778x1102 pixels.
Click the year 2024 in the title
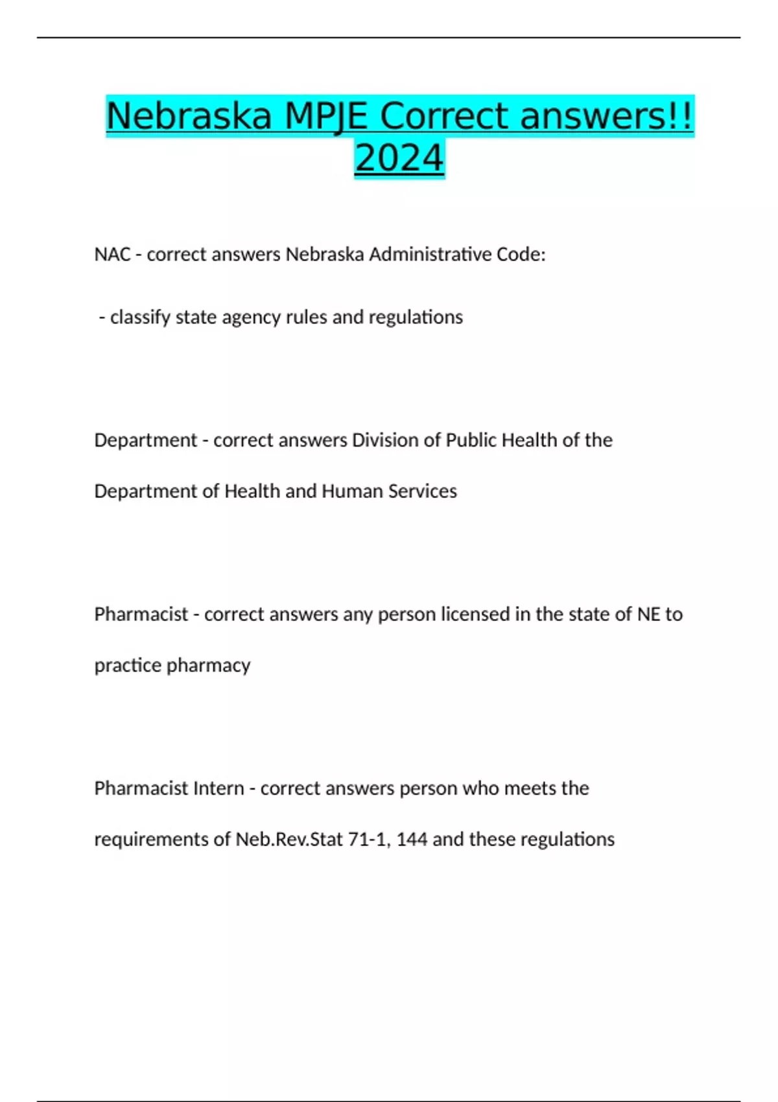[x=399, y=158]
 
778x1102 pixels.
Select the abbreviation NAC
[x=112, y=254]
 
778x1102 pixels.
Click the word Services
[x=423, y=491]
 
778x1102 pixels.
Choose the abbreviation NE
[x=648, y=614]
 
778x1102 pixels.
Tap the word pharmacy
[x=208, y=665]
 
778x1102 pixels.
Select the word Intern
[x=221, y=788]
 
